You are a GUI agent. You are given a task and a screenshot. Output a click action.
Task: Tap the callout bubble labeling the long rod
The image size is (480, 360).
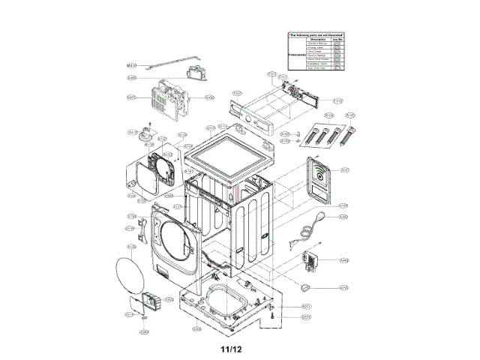tap(132, 65)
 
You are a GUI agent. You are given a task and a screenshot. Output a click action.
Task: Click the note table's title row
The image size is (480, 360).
tap(316, 34)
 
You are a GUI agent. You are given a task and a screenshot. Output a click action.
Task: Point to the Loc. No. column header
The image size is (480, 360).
tap(338, 40)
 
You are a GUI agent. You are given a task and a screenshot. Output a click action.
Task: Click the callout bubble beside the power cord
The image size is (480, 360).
tap(343, 217)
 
